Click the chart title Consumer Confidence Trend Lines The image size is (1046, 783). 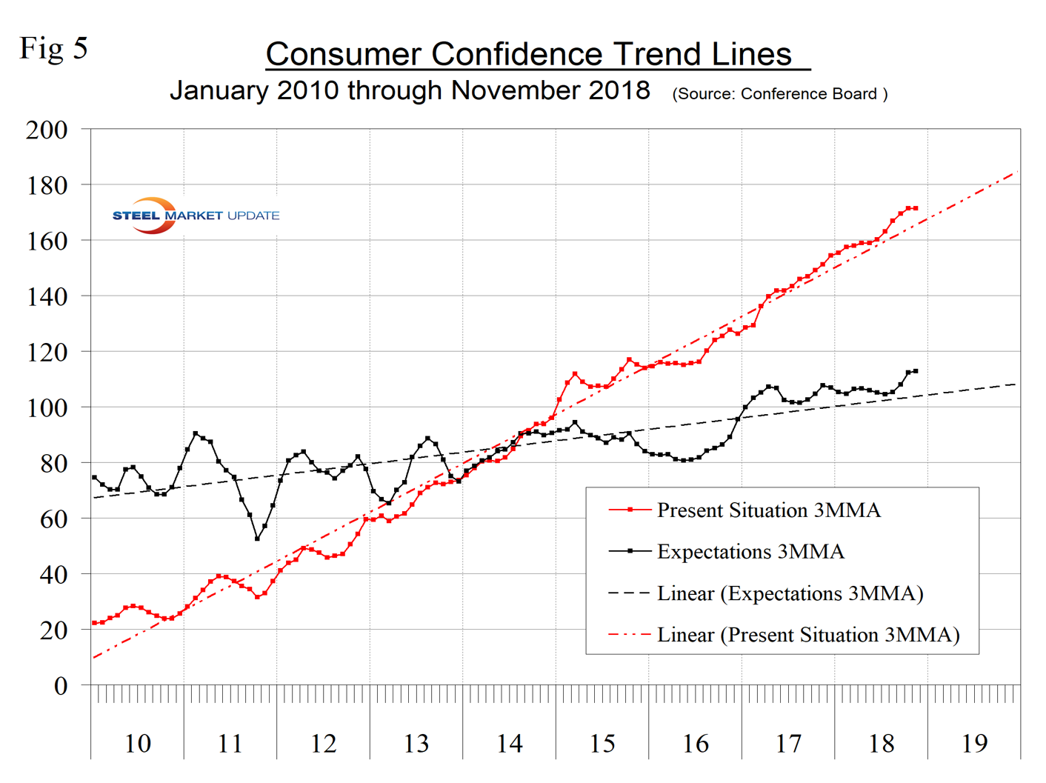tap(529, 54)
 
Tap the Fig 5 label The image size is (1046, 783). tap(53, 48)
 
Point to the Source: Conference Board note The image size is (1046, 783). tap(779, 94)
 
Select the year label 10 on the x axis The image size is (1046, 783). tap(137, 743)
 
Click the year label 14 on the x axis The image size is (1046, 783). tap(509, 743)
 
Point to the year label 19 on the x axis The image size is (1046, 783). tap(974, 743)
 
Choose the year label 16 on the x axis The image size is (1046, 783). tap(695, 743)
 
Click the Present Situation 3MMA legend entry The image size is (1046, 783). tap(768, 510)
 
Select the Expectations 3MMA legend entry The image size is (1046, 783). tap(750, 552)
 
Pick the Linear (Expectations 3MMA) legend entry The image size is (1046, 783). tap(790, 593)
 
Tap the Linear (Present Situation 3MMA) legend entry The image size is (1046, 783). tap(807, 635)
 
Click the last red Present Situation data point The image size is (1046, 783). tap(916, 208)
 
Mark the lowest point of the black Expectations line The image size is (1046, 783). tap(257, 539)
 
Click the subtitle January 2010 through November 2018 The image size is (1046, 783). tap(410, 91)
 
